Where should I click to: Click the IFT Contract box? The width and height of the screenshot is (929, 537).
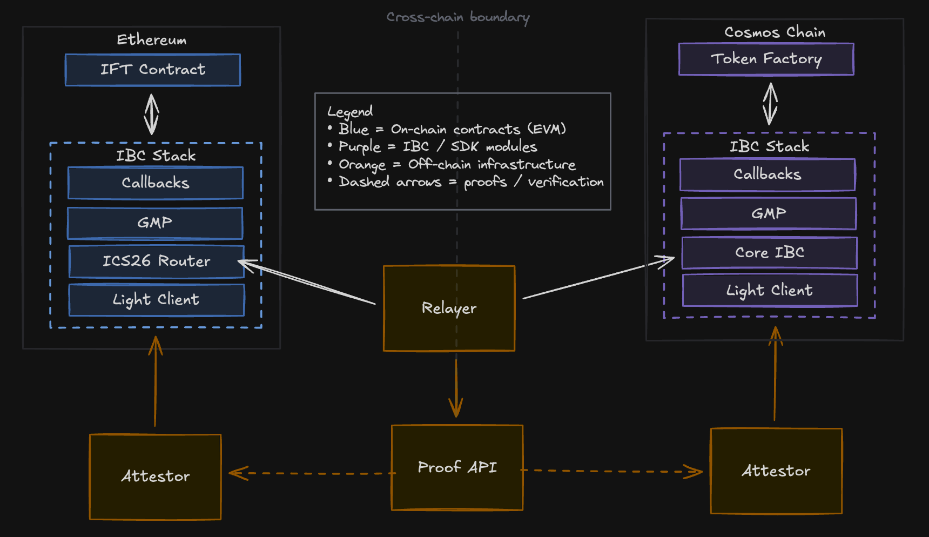153,70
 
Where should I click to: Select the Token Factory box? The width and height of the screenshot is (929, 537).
766,59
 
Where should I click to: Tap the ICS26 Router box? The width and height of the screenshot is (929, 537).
156,261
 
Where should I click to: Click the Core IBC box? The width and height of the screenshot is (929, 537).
769,253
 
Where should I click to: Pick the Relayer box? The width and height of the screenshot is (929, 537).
449,308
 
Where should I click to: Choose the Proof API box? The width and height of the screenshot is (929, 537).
457,467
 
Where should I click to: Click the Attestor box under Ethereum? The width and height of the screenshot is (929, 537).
155,476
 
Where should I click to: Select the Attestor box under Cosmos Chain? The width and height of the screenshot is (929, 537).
776,471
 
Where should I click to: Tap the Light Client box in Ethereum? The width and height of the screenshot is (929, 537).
156,300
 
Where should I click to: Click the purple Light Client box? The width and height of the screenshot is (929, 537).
770,291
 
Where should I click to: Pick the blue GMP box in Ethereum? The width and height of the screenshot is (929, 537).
155,223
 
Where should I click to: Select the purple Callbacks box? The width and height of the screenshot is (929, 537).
768,174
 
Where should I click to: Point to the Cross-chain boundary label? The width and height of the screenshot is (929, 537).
458,17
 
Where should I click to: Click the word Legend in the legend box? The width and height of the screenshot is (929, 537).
350,112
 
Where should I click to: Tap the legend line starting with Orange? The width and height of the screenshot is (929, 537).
457,164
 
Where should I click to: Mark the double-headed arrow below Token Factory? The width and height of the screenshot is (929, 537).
770,104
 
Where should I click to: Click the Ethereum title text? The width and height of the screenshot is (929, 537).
152,40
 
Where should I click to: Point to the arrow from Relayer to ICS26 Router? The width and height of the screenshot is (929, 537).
308,283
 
